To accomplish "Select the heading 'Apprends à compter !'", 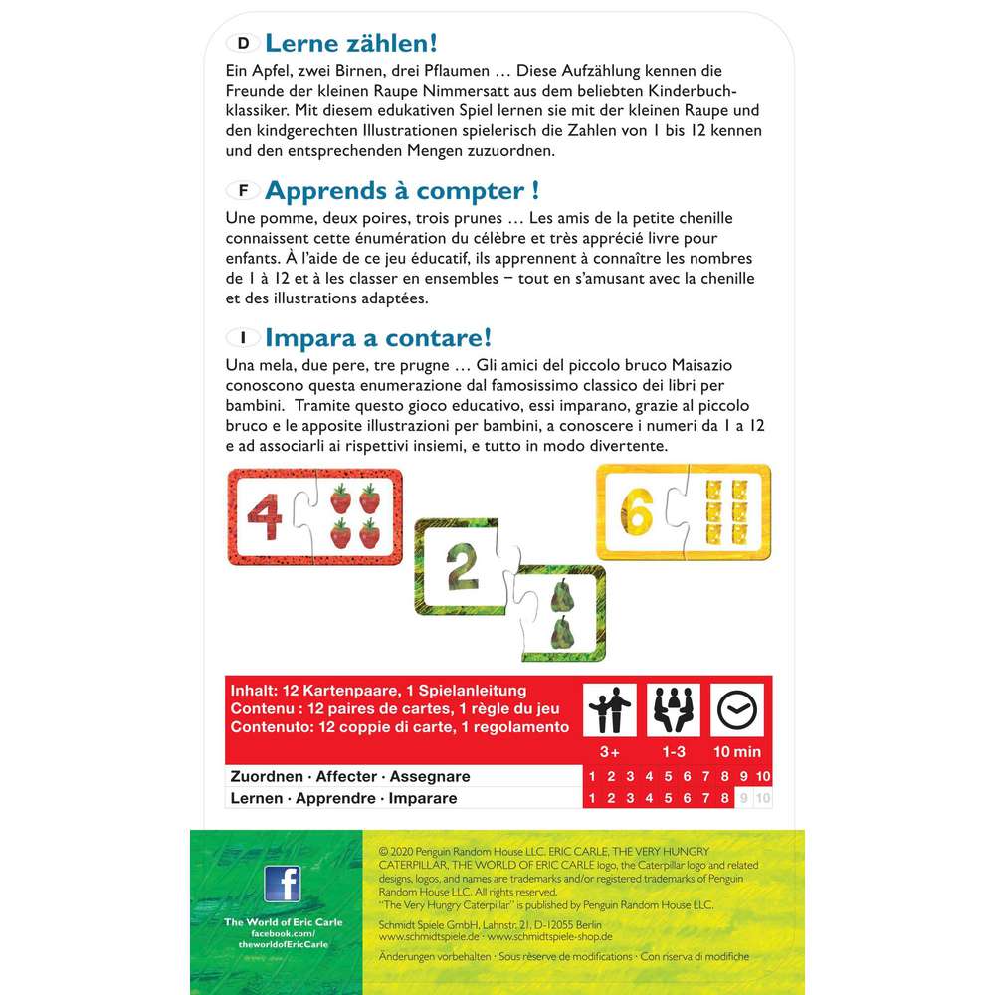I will coord(401,189).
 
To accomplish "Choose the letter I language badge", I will coord(244,337).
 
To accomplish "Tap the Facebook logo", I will coord(282,885).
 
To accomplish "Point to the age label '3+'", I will coord(610,751).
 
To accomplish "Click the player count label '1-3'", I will coord(675,751).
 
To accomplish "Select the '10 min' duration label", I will coord(737,751).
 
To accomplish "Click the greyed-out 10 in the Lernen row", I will coord(763,798).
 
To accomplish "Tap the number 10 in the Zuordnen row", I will coord(763,776).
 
